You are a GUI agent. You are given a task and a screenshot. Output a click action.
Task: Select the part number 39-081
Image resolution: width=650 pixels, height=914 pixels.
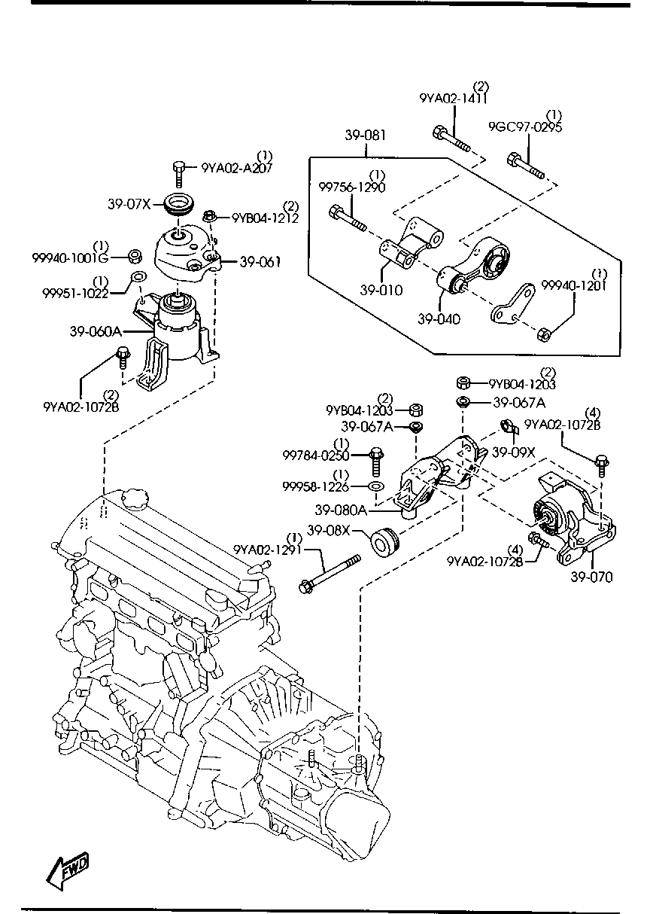point(366,136)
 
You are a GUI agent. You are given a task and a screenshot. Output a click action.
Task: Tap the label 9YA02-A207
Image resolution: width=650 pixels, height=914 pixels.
point(236,168)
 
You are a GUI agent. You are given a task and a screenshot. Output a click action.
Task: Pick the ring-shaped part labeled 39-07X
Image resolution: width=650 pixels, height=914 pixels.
point(179,204)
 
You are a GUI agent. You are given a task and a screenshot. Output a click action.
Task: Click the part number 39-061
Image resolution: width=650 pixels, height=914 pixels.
point(260,262)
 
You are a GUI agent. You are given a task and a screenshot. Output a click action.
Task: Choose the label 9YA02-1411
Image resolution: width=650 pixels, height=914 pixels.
point(454,99)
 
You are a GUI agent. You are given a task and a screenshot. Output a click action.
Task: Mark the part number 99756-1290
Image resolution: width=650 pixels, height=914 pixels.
point(351,187)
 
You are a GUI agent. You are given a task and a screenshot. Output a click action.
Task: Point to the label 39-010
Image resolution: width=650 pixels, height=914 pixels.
point(381,290)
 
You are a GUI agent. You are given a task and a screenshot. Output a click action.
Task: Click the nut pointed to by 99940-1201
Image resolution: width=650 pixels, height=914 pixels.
point(547,331)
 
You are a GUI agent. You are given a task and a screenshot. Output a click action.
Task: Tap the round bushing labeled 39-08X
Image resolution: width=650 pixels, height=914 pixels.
point(384,541)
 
